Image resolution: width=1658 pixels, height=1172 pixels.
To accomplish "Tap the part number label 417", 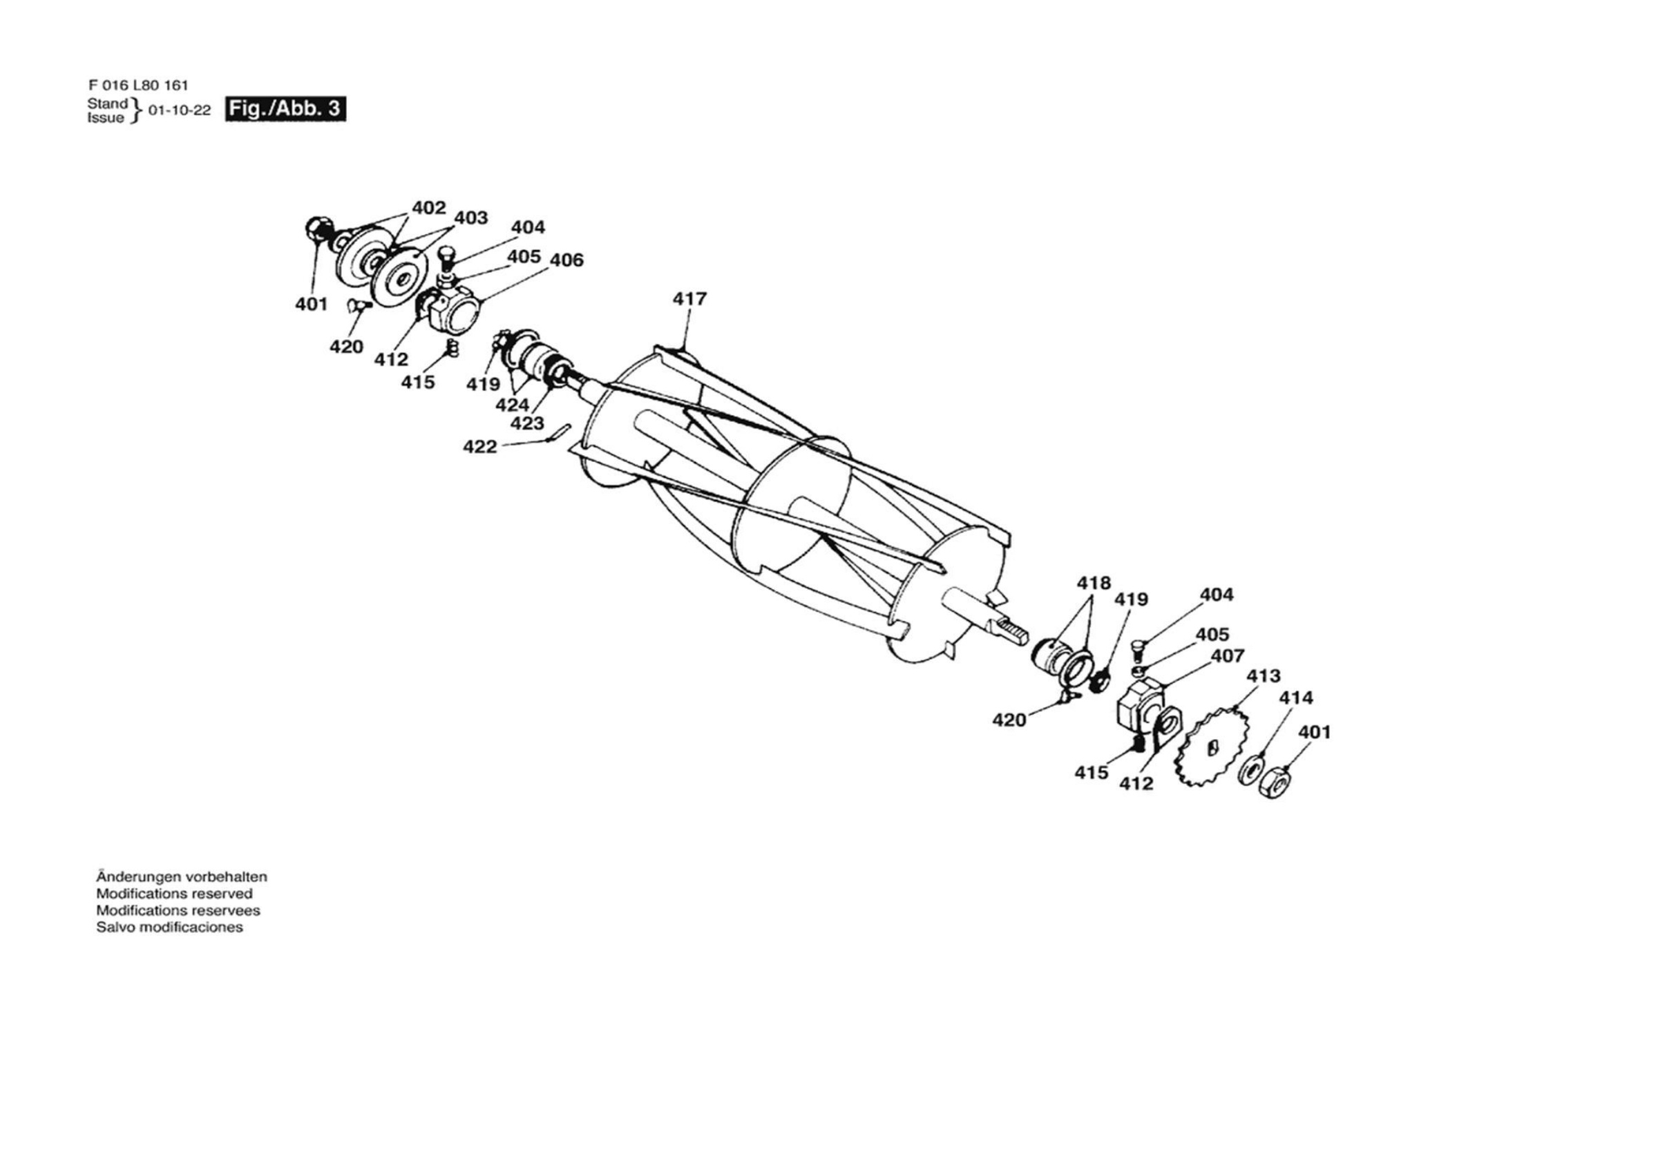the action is [x=689, y=298].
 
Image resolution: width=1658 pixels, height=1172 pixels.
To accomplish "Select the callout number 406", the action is [x=566, y=260].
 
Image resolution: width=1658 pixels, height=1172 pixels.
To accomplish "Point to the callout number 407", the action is [x=1227, y=655].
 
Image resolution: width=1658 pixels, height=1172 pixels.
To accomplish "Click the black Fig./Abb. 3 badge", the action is [x=285, y=109].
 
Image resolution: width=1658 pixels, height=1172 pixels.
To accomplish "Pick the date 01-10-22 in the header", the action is [x=179, y=111].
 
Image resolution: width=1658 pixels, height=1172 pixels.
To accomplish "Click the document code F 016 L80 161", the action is [x=138, y=85].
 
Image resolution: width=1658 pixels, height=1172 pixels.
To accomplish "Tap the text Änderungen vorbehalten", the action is [x=182, y=877].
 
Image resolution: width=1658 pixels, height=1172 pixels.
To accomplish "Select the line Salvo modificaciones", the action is [x=170, y=928].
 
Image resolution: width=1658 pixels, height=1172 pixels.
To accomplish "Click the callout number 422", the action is [x=480, y=448].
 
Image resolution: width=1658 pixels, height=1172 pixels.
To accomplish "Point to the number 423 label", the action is [x=527, y=424].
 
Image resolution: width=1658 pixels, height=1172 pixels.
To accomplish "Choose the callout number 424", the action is [x=512, y=405].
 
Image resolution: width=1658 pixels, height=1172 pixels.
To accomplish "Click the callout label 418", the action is [x=1094, y=583].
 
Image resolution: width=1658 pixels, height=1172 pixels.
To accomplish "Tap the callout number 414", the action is [x=1296, y=698].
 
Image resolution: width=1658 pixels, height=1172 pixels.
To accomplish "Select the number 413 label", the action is [x=1264, y=676].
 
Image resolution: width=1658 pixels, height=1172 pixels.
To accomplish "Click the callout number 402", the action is [x=429, y=208].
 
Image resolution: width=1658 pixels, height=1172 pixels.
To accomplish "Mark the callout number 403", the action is [x=471, y=218].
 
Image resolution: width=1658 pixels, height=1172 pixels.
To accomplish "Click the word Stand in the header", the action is [x=107, y=104].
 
